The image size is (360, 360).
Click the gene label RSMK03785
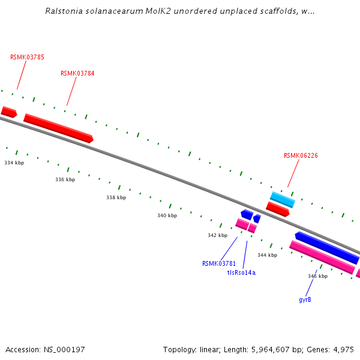27,57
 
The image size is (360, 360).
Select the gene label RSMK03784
77,73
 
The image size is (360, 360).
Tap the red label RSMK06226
301,155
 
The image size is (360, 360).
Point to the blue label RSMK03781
219,263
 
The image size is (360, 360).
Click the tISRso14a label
241,272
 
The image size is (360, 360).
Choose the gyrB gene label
305,299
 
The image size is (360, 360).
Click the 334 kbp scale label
14,163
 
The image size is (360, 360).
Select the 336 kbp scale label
65,179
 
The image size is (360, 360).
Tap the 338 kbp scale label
116,197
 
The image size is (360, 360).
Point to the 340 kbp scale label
167,215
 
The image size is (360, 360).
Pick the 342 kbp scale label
217,235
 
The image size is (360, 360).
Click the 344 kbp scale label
268,255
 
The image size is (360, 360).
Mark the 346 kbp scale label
318,276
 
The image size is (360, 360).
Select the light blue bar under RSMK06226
282,199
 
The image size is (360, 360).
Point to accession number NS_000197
64,349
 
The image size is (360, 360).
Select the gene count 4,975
342,349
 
